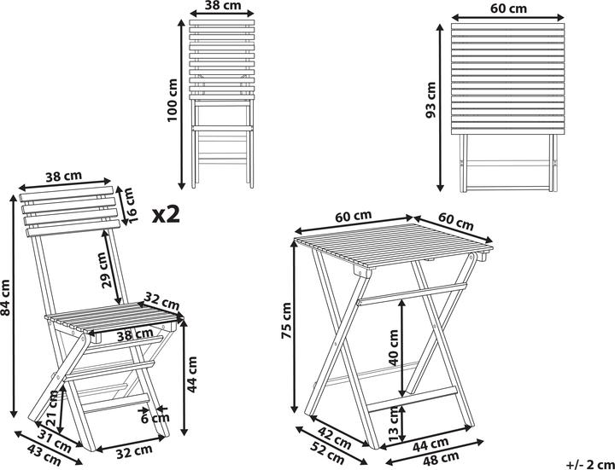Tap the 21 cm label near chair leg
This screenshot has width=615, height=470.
53,410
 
